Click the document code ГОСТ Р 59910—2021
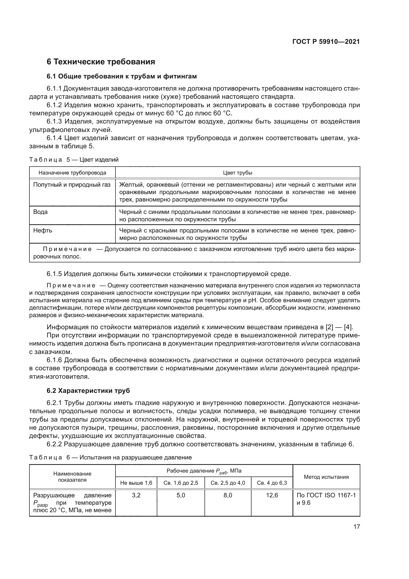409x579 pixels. pos(326,42)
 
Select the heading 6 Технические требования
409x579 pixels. pos(101,62)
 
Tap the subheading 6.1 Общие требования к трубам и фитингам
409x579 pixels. pos(122,76)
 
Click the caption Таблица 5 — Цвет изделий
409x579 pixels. pos(74,160)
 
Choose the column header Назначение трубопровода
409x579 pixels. pos(72,173)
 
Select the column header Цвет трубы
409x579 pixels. pos(237,173)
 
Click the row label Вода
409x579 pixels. pos(41,212)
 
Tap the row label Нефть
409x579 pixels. pos(43,230)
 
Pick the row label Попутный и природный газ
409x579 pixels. pos(72,185)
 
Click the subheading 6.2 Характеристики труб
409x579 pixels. pos(88,391)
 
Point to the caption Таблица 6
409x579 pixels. pos(49,457)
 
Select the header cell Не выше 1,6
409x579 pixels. pos(136,483)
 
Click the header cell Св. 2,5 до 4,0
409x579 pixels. pos(228,483)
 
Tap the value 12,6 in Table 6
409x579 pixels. pos(272,495)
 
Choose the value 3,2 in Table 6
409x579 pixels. pos(136,495)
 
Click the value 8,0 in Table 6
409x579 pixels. pos(228,495)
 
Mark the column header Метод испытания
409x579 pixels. pos(326,477)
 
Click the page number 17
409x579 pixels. pos(357,527)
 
